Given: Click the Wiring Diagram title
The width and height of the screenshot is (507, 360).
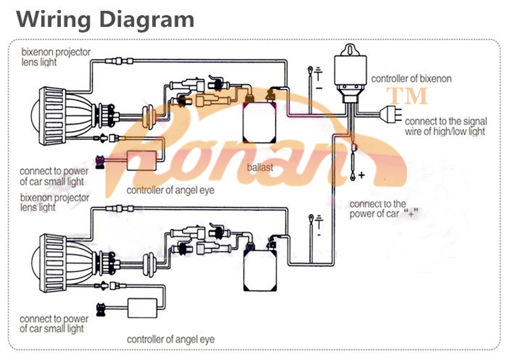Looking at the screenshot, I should [105, 18].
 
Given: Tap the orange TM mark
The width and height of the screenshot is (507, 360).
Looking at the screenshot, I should [407, 95].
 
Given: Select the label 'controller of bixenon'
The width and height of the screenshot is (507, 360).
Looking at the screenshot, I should [411, 78].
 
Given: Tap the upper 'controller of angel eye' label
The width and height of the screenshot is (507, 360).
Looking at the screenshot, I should [170, 190].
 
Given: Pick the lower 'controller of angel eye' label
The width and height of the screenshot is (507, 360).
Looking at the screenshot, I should [170, 338].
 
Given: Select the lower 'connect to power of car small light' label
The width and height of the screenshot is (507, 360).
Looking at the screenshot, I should [53, 324].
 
